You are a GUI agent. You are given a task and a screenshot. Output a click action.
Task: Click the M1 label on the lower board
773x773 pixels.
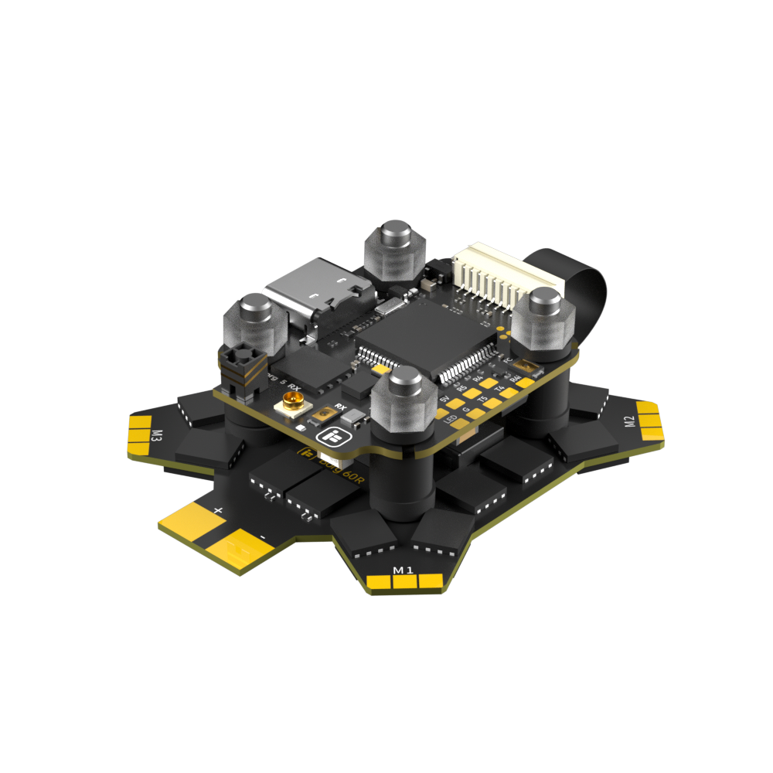404,570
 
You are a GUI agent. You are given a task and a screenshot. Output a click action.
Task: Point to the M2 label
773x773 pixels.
629,421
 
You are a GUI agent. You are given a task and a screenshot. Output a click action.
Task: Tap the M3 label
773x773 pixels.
157,435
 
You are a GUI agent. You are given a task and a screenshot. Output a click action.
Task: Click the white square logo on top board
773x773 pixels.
334,438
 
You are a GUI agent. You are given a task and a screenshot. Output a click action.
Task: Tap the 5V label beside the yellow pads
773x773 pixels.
444,400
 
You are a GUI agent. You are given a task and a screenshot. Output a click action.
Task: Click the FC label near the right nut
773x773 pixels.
507,360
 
